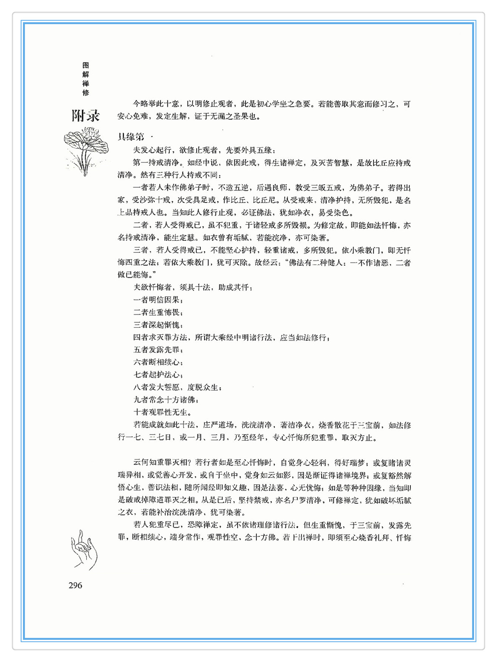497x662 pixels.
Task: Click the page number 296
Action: click(75, 585)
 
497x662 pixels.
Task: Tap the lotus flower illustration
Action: click(85, 150)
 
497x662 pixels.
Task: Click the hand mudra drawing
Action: click(84, 550)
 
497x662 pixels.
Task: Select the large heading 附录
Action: click(85, 116)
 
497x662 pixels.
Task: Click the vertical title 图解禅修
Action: click(86, 79)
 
